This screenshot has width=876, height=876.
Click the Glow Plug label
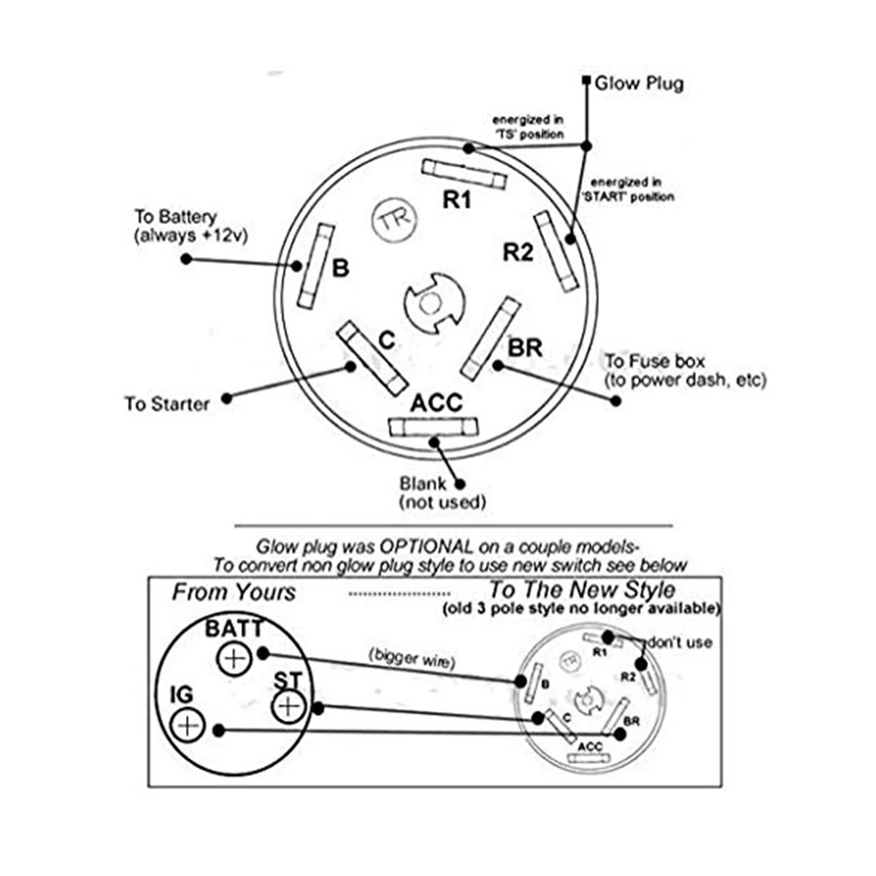pyautogui.click(x=639, y=84)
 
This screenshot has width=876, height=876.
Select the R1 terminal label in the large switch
pyautogui.click(x=457, y=199)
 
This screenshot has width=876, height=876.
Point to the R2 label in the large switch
pyautogui.click(x=518, y=253)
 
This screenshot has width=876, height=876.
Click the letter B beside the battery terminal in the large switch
pyautogui.click(x=340, y=268)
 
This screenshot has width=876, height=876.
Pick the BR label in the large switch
pyautogui.click(x=525, y=348)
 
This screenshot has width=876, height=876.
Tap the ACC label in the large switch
pyautogui.click(x=437, y=402)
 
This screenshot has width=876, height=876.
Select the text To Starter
pyautogui.click(x=167, y=404)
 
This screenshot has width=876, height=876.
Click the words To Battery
pyautogui.click(x=176, y=216)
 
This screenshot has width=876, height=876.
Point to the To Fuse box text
pyautogui.click(x=655, y=362)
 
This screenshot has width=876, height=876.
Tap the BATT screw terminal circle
pyautogui.click(x=233, y=658)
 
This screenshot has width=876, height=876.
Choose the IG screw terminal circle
pyautogui.click(x=188, y=725)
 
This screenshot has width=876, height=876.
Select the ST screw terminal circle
pyautogui.click(x=288, y=707)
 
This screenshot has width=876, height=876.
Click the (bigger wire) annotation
pyautogui.click(x=412, y=658)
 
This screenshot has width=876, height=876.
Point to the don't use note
pyautogui.click(x=680, y=643)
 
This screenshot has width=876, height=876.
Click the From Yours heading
pyautogui.click(x=234, y=592)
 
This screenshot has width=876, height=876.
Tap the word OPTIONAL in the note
pyautogui.click(x=426, y=547)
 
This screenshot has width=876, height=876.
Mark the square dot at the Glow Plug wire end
pyautogui.click(x=586, y=81)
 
